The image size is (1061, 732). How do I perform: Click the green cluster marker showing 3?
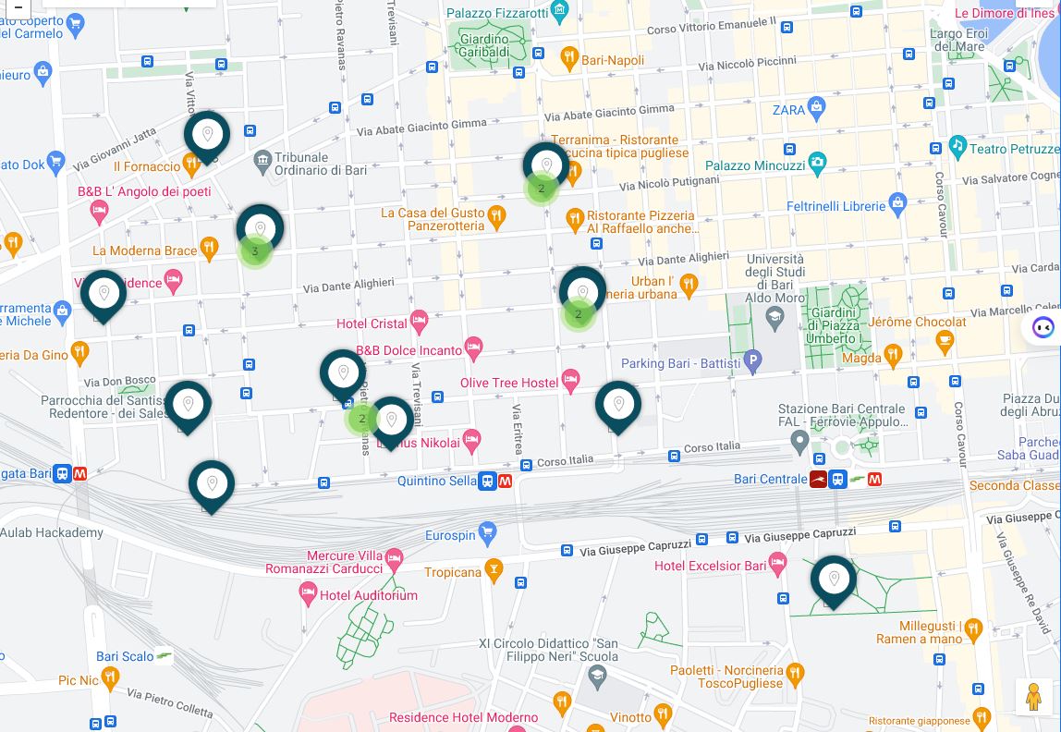coord(255,250)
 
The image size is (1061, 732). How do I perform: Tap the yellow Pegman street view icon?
coord(1034,697)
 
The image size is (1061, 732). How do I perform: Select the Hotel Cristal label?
coord(372,323)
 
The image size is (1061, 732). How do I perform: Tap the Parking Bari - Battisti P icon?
coord(753,362)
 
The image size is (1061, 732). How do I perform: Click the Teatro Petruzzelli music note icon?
coord(957,147)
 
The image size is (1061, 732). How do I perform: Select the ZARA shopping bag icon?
coord(816,109)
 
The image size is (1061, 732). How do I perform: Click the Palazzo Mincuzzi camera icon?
coord(817,165)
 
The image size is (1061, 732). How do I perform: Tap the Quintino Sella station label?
coord(437,481)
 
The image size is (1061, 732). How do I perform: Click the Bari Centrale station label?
coord(770,479)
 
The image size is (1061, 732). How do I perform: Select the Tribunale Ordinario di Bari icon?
coord(263,164)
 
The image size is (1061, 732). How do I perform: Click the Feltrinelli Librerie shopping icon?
coord(897,204)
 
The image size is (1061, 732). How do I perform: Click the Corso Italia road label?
coord(565,460)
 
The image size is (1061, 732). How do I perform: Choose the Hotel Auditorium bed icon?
coord(309,593)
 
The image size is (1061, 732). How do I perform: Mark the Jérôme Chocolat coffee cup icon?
coord(945,341)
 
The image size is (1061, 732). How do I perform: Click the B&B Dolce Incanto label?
coord(409,350)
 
